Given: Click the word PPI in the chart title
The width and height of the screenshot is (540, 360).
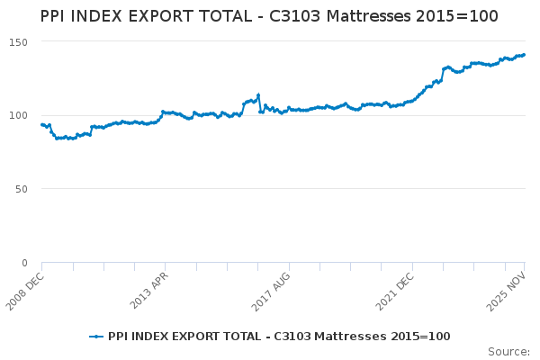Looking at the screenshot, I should [56, 16].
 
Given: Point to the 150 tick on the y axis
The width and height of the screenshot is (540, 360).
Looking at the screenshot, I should [19, 42].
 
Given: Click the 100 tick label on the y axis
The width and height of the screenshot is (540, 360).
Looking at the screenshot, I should [19, 115].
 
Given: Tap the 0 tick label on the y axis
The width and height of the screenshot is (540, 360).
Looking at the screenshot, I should [25, 263].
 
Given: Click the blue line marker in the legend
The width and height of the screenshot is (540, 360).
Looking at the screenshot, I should [96, 337].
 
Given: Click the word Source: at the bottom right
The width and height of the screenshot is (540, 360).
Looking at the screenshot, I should [508, 351].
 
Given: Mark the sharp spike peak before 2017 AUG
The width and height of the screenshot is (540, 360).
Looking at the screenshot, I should [258, 94].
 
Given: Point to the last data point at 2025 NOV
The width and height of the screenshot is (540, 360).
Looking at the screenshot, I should [524, 55].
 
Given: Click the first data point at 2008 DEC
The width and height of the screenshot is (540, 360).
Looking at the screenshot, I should [42, 125].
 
